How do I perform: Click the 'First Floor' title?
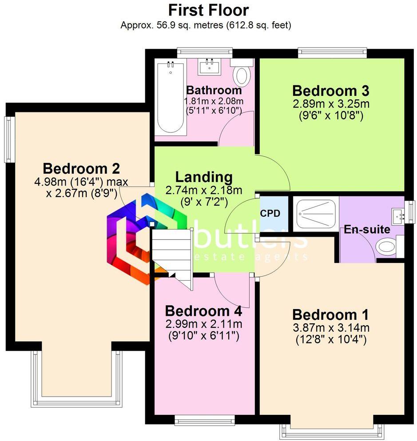[x=208, y=10]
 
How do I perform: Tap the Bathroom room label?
[x=214, y=90]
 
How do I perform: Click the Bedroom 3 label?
[x=330, y=91]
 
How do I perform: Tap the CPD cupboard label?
[x=270, y=214]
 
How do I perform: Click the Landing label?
[x=204, y=177]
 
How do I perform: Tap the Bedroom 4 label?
[x=203, y=310]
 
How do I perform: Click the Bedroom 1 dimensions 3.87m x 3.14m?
[x=330, y=328]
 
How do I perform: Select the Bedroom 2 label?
[x=81, y=169]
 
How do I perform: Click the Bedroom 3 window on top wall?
[x=333, y=52]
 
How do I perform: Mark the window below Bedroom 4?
[x=204, y=419]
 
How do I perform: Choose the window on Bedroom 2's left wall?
[x=9, y=139]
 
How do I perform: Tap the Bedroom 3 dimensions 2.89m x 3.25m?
[x=330, y=105]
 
